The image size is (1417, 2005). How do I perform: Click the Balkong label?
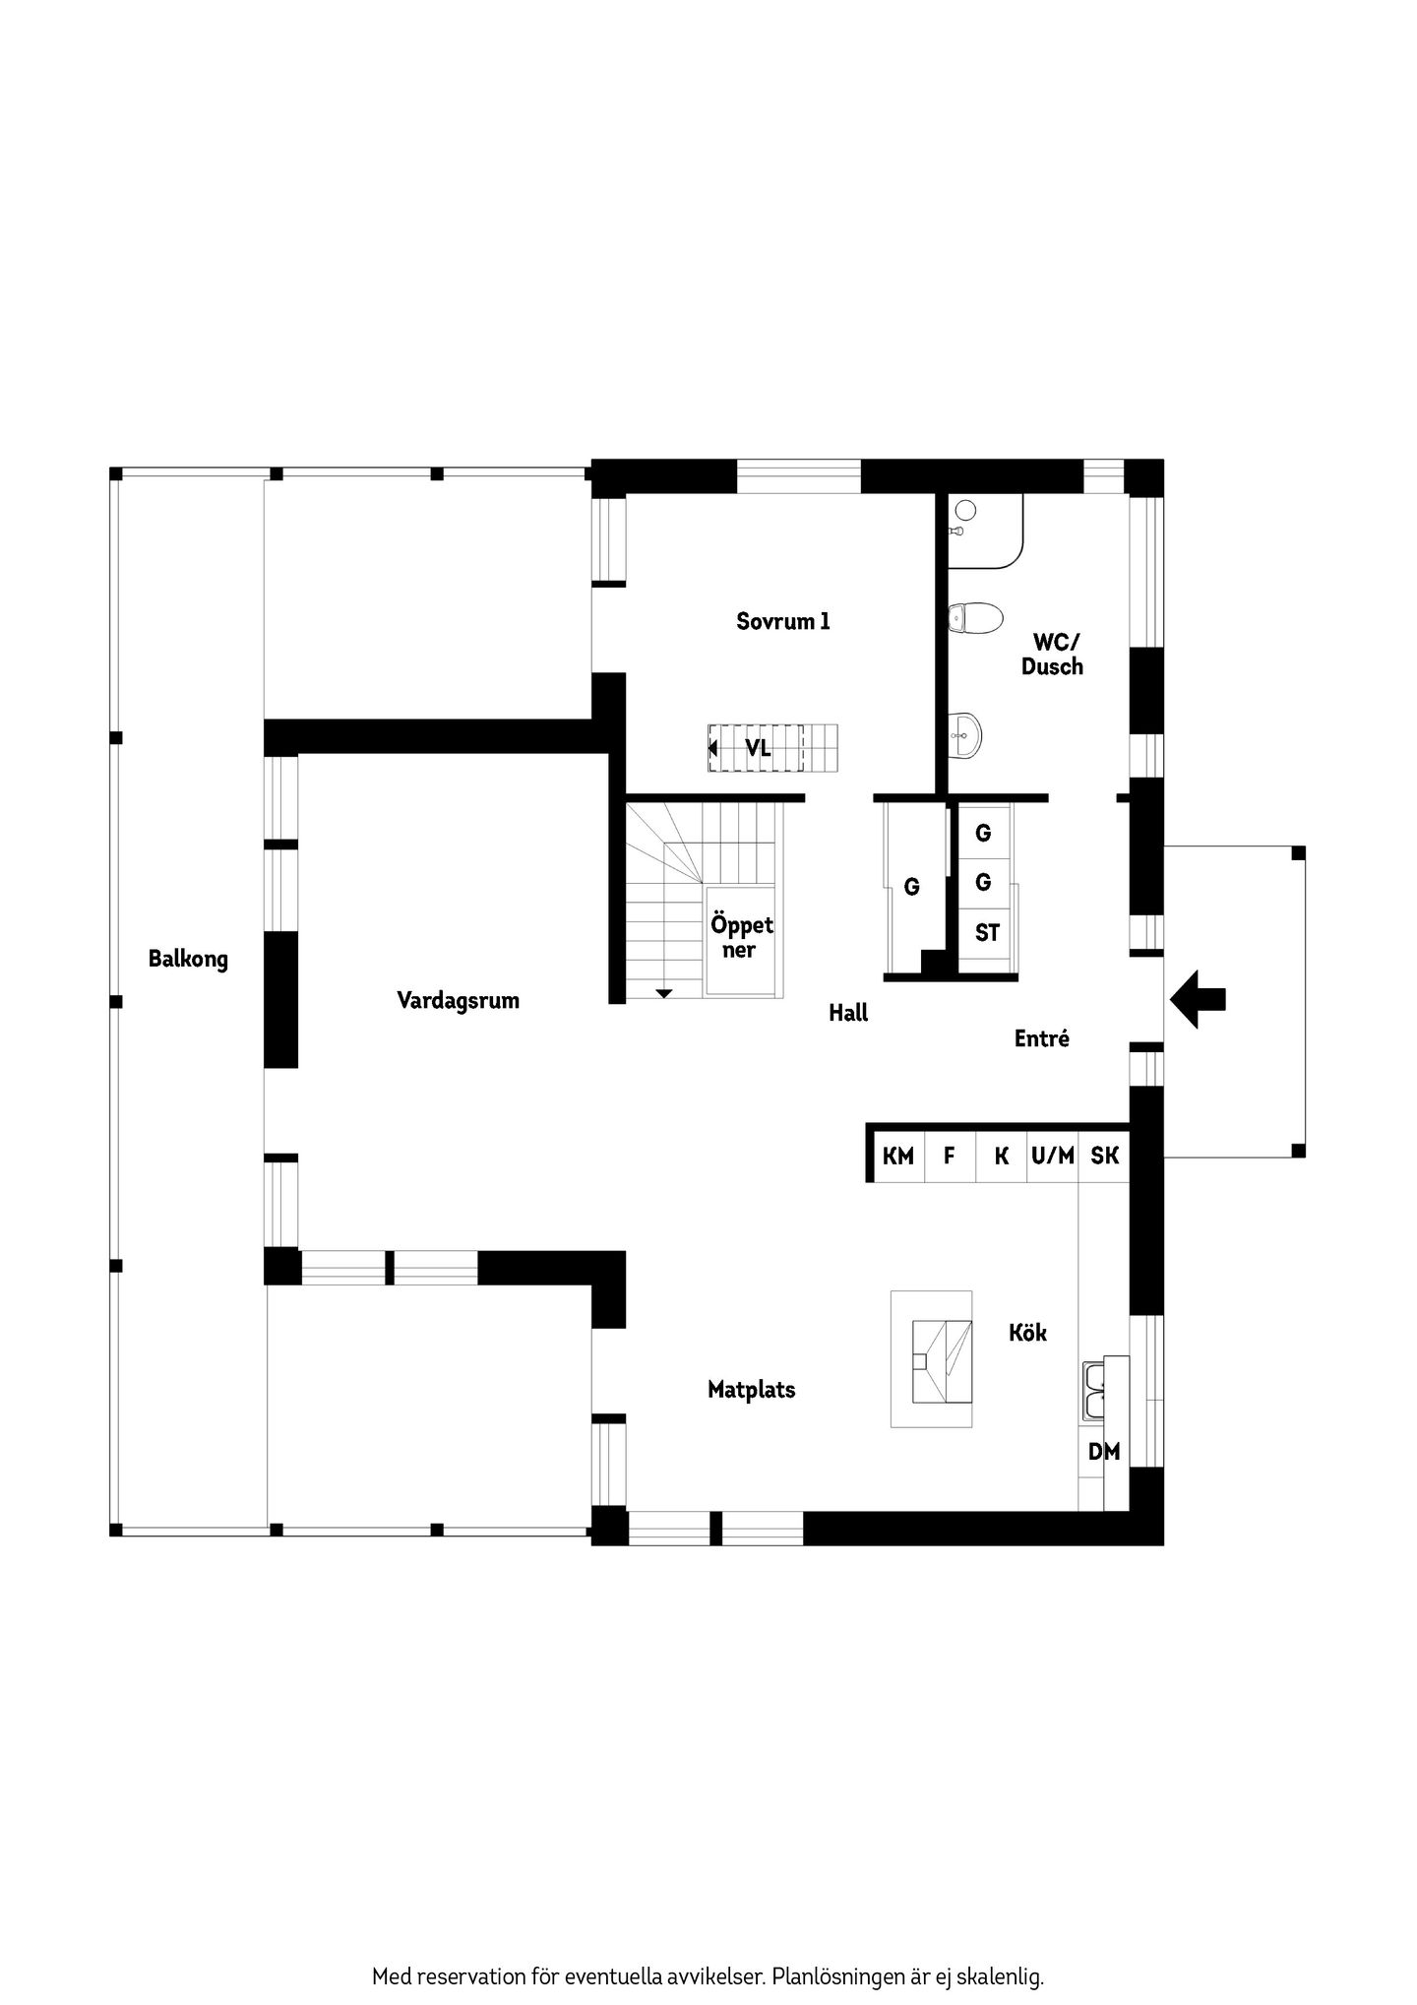pos(188,959)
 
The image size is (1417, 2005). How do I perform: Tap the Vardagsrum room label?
pos(458,1001)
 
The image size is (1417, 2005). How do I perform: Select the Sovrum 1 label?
pos(783,621)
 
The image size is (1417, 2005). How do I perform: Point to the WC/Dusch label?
pos(1052,655)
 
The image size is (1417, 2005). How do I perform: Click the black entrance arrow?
pos(1198,1000)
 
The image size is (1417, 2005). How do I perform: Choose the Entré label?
pos(1042,1038)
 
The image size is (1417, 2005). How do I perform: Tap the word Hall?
pos(848,1013)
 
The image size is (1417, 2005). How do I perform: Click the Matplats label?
pos(752,1390)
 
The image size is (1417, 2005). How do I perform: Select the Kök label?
pos(1027,1333)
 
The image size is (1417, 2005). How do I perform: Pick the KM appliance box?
pos(898,1156)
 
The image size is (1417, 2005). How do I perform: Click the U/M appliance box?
pos(1053,1156)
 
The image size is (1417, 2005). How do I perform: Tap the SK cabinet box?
pos(1104,1156)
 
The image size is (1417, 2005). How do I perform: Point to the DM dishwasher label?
pos(1104,1451)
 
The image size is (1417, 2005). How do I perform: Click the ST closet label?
pos(987,932)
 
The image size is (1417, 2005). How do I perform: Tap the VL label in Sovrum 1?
pos(757,748)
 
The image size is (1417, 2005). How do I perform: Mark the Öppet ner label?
pos(742,938)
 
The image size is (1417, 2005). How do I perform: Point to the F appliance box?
pos(950,1156)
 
